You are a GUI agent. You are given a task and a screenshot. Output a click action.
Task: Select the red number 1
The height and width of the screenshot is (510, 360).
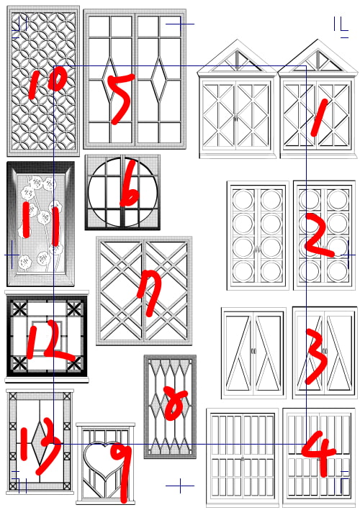tap(319, 117)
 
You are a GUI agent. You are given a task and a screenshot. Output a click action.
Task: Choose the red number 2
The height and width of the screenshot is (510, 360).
tap(318, 234)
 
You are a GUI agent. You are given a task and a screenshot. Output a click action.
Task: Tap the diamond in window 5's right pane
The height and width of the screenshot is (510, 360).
tap(160, 78)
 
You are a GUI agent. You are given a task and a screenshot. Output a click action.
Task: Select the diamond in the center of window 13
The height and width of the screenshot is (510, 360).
tap(40, 443)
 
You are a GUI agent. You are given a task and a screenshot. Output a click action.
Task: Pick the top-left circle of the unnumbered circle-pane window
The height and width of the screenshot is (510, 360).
tap(243, 200)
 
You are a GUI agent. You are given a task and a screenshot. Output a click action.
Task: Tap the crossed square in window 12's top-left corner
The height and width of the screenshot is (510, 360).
tap(19, 309)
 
